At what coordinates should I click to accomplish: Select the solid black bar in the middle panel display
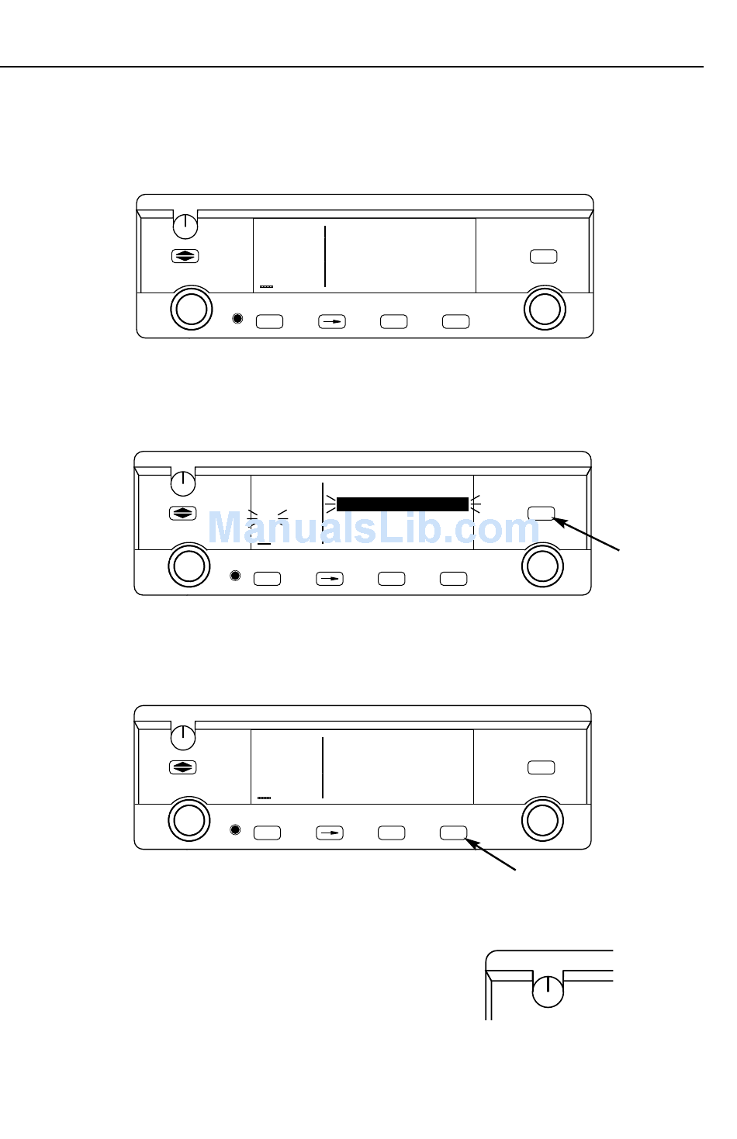point(402,504)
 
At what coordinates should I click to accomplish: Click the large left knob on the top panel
point(191,308)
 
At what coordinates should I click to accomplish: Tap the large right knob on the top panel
point(545,308)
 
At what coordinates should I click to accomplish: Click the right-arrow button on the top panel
point(332,321)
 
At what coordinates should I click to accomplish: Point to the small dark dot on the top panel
point(238,319)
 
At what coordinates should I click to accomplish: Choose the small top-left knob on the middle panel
point(183,482)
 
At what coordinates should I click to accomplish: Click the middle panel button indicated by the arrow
point(541,513)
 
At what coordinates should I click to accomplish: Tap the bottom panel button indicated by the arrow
point(454,833)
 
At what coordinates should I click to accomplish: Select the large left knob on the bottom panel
point(189,819)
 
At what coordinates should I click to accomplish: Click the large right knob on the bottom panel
point(542,819)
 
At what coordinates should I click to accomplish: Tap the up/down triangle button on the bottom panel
point(183,767)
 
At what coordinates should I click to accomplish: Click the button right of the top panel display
point(543,257)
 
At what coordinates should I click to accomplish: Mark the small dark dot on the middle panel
point(236,576)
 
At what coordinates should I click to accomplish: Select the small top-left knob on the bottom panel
point(183,736)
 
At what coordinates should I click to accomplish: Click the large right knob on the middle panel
point(542,566)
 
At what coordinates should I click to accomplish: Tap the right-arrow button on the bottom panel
point(330,833)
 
